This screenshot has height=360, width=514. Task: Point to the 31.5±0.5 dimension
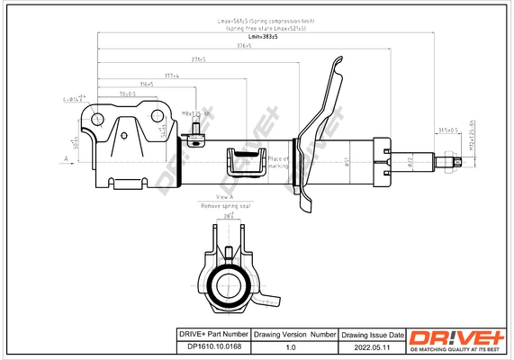pos(447,130)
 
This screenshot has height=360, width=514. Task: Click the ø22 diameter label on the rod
pos(408,162)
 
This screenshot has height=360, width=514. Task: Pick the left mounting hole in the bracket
pos(96,118)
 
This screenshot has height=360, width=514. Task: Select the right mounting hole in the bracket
pos(162,116)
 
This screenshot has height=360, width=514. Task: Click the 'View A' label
pos(225,197)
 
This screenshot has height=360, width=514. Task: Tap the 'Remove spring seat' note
pos(225,206)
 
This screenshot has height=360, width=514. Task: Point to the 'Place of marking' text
pos(277,162)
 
